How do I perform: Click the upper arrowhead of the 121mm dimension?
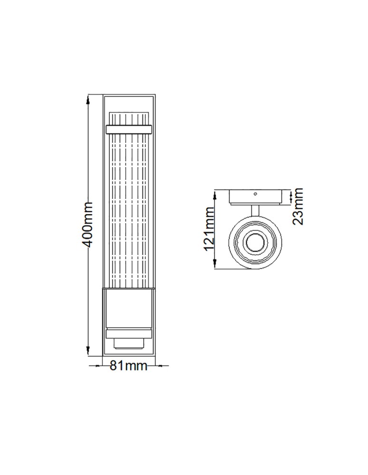click(x=215, y=193)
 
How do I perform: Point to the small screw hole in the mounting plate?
click(x=255, y=194)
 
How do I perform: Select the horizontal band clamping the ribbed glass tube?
click(x=129, y=128)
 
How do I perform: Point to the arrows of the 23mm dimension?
click(x=290, y=198)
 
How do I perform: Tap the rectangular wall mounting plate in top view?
click(x=258, y=197)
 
